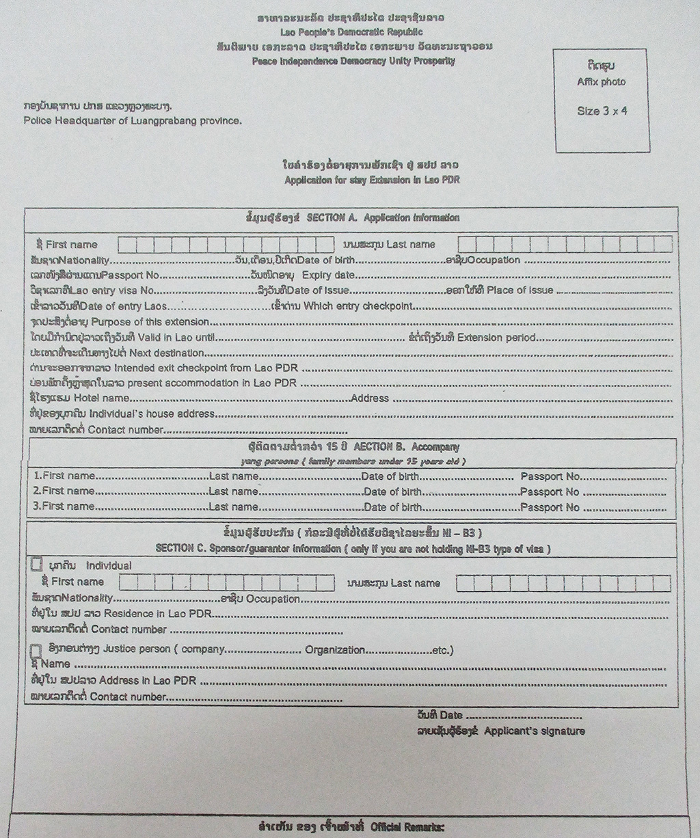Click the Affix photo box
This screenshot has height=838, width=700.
pyautogui.click(x=601, y=100)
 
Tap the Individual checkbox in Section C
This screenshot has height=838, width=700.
pyautogui.click(x=37, y=565)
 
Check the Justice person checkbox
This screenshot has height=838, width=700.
pyautogui.click(x=36, y=649)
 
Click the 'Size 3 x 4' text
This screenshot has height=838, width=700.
pyautogui.click(x=602, y=111)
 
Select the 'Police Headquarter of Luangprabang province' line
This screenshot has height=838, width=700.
pyautogui.click(x=132, y=120)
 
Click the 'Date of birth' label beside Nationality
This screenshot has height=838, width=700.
pyautogui.click(x=326, y=260)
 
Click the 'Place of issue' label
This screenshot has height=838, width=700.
pyautogui.click(x=520, y=290)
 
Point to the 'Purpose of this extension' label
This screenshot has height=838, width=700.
pyautogui.click(x=150, y=322)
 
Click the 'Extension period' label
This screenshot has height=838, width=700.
pyautogui.click(x=496, y=338)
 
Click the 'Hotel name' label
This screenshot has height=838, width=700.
pyautogui.click(x=102, y=398)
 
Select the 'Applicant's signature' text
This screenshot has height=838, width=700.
pyautogui.click(x=534, y=731)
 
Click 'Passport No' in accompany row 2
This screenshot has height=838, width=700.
pyautogui.click(x=550, y=492)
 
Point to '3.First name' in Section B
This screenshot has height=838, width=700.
pyautogui.click(x=64, y=507)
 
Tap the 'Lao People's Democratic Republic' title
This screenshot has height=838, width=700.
pyautogui.click(x=351, y=32)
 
